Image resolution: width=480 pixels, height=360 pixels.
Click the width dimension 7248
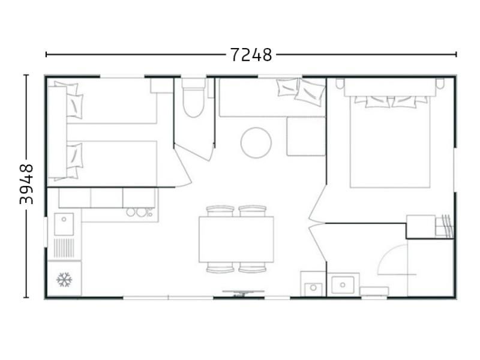251,55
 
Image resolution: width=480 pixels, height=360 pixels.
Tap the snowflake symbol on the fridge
64,280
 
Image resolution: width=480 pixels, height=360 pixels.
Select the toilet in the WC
194,103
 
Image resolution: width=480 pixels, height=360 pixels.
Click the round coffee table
256,142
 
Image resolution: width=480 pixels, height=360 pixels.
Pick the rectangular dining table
236,239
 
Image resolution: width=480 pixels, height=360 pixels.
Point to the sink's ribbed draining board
65,247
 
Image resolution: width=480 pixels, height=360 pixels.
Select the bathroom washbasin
344,284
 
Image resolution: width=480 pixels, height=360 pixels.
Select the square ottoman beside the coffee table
305,136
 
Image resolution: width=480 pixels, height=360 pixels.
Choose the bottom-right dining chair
252,268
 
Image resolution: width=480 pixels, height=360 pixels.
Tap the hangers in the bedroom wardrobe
445,226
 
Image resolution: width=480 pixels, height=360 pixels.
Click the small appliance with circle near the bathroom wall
313,287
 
